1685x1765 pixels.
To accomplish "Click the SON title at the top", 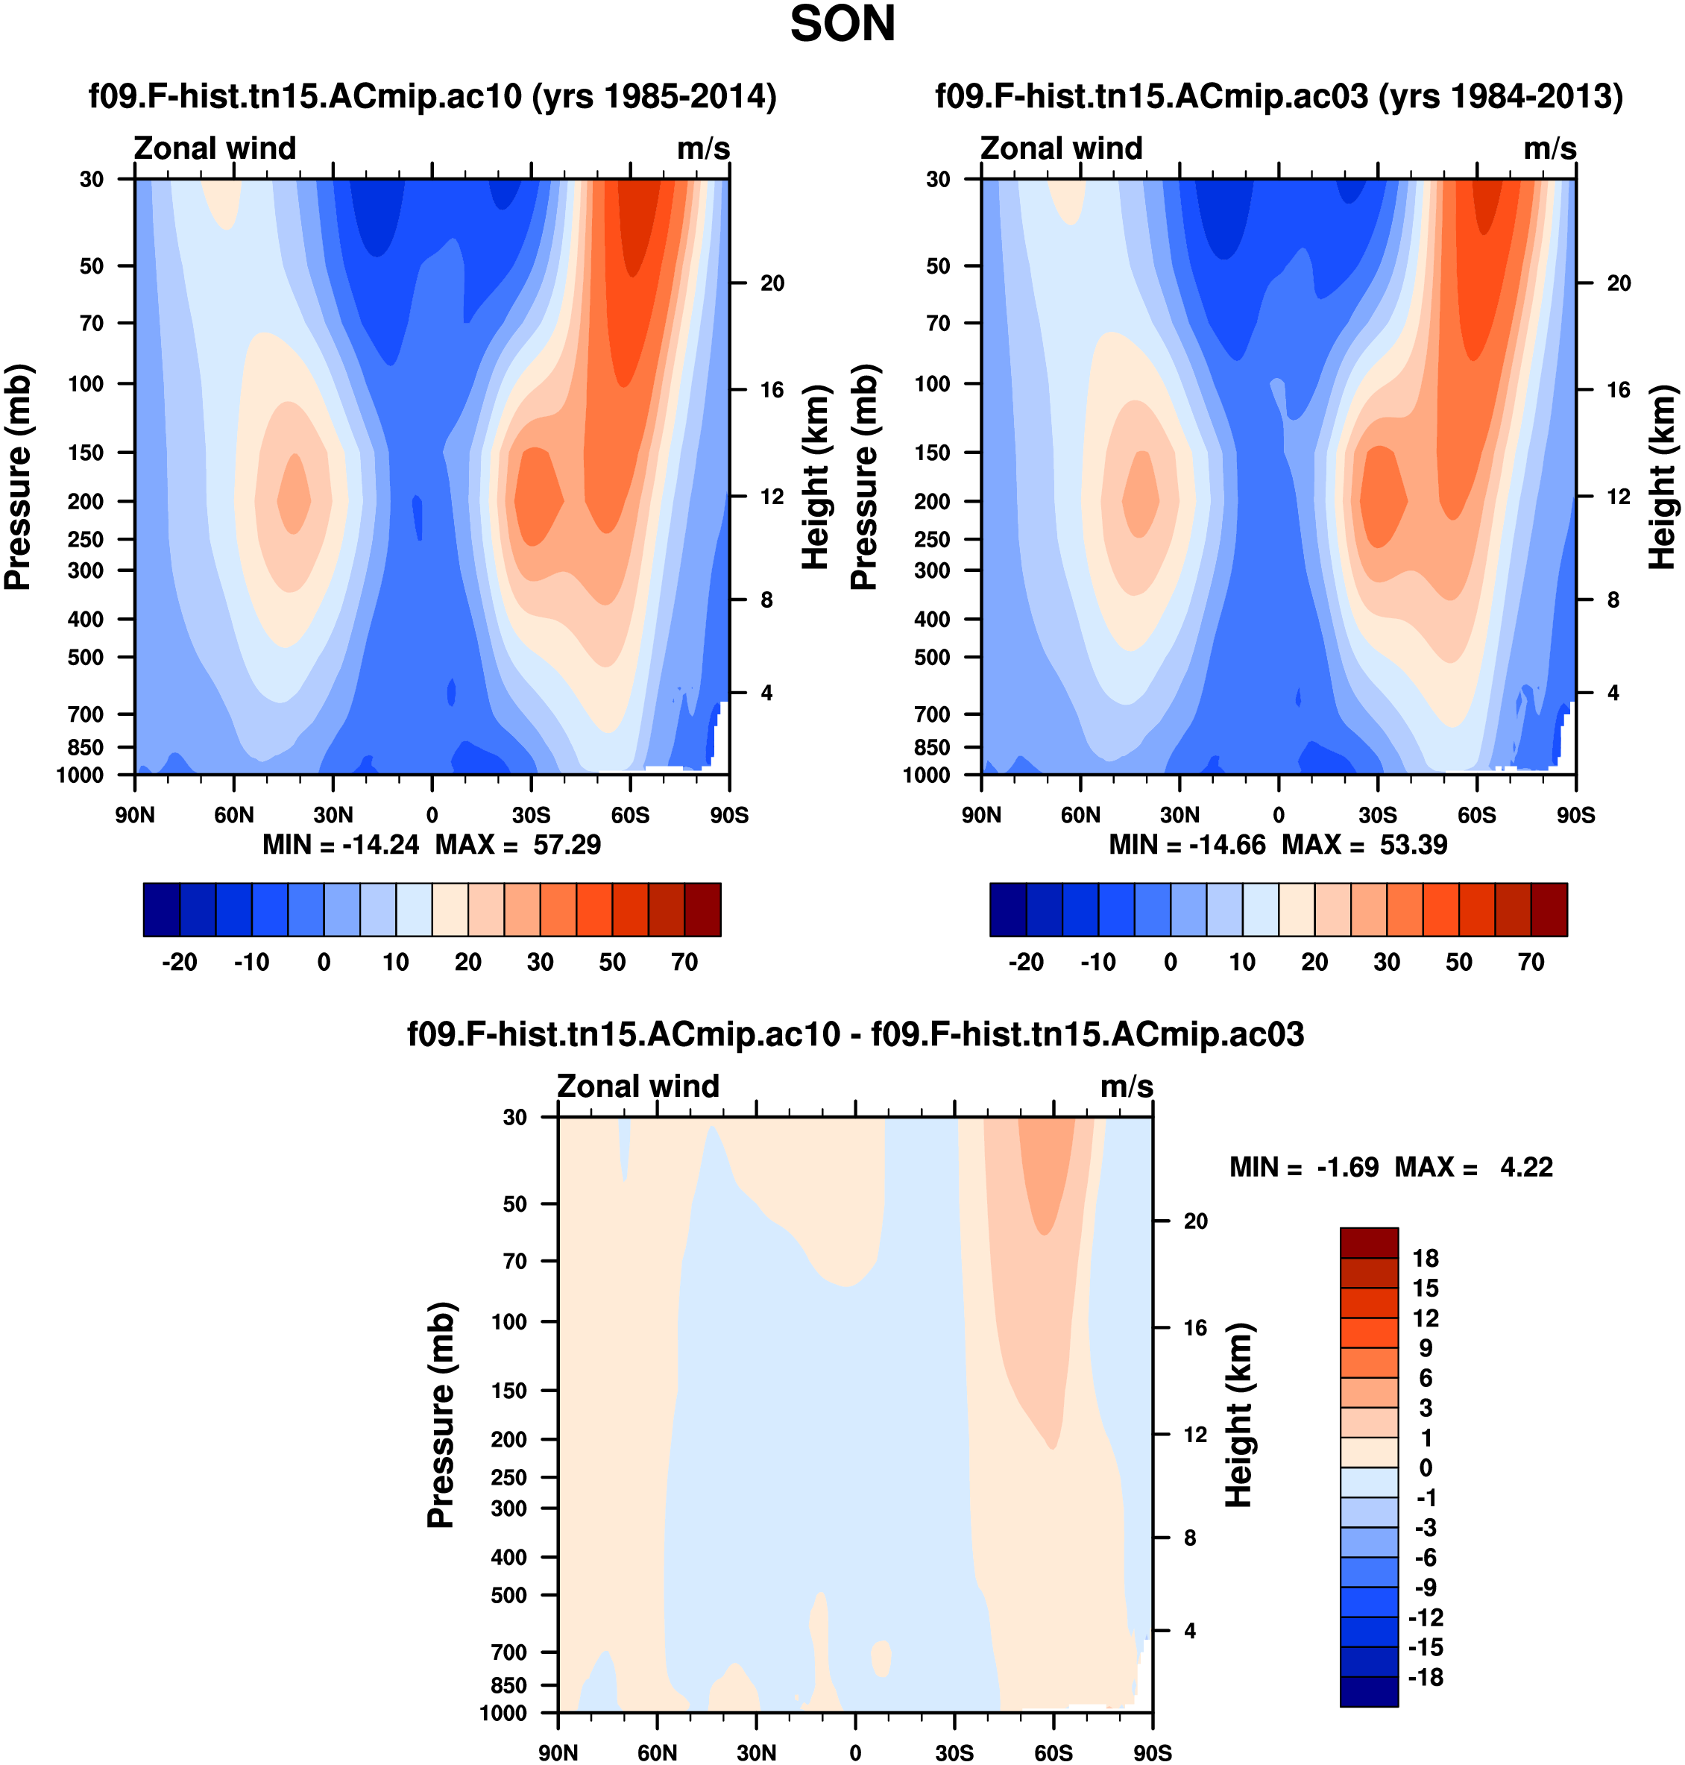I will pyautogui.click(x=842, y=25).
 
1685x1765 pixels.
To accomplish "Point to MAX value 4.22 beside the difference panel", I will pyautogui.click(x=1526, y=1167).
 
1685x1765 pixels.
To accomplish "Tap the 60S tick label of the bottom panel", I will pyautogui.click(x=1053, y=1752).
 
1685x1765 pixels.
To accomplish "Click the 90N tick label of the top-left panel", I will pyautogui.click(x=135, y=815).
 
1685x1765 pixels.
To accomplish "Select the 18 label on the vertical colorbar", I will pyautogui.click(x=1425, y=1259).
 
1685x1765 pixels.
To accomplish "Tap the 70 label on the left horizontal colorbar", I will pyautogui.click(x=684, y=962).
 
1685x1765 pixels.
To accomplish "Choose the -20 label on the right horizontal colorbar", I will pyautogui.click(x=1026, y=962).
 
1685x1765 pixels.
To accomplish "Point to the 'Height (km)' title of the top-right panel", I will pyautogui.click(x=1663, y=477).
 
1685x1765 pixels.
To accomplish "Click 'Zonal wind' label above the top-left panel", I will pyautogui.click(x=215, y=148).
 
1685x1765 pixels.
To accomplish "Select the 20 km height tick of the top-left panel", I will pyautogui.click(x=772, y=283).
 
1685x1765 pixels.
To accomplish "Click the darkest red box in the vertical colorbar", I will pyautogui.click(x=1369, y=1242).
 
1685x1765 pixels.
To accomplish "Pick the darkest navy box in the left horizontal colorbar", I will pyautogui.click(x=162, y=909).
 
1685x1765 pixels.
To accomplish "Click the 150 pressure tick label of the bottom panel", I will pyautogui.click(x=508, y=1391).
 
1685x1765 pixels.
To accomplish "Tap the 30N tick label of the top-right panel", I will pyautogui.click(x=1179, y=815).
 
